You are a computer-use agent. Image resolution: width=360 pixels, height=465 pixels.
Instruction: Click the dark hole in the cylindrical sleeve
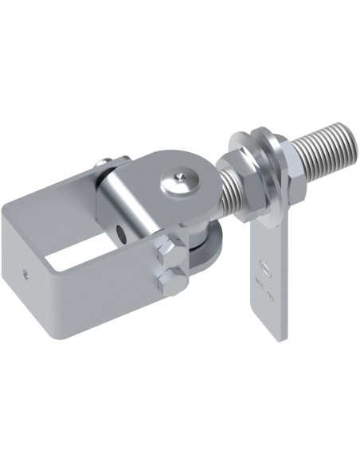[x=120, y=232]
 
